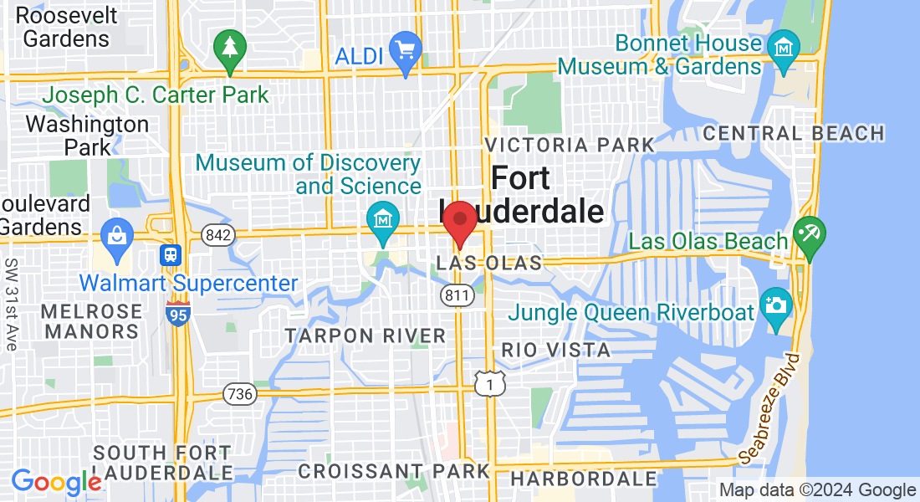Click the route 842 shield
(217, 236)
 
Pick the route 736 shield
(239, 392)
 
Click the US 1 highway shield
(486, 382)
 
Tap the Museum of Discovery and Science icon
(383, 220)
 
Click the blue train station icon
(171, 253)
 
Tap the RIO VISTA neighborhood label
(556, 350)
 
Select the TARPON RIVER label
(365, 336)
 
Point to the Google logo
(56, 482)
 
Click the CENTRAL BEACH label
(794, 133)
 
